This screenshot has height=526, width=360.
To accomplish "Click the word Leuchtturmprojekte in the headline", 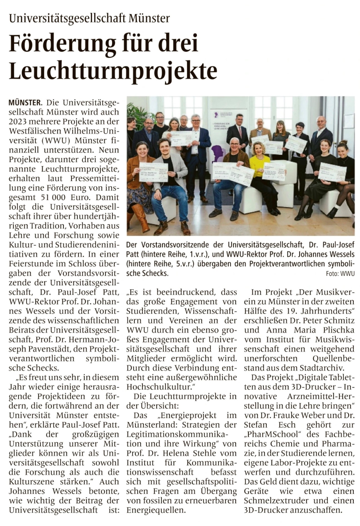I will pos(113,71).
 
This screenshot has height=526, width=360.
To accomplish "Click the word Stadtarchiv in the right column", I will pos(322,368).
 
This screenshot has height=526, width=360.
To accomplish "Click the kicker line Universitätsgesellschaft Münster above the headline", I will pos(89,19).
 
